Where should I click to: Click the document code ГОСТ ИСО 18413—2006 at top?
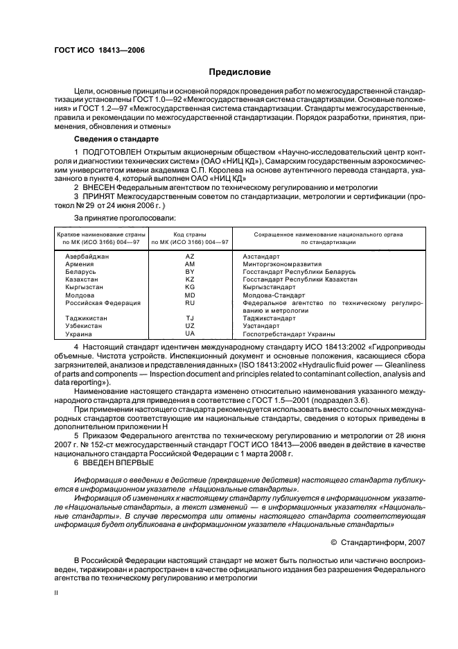pos(99,50)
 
